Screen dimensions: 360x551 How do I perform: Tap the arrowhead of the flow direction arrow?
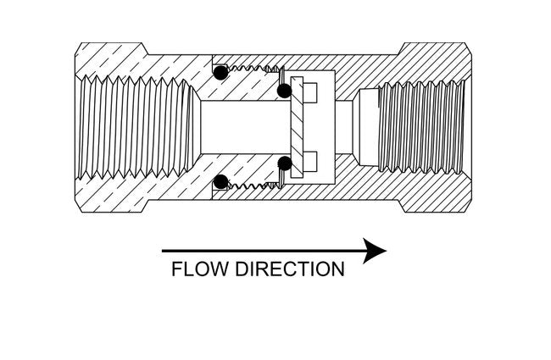(374, 251)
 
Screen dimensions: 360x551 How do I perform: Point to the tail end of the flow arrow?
(164, 251)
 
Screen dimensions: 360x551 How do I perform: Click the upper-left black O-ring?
(220, 74)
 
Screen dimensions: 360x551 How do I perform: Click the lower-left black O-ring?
(220, 180)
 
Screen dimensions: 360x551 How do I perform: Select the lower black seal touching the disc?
(284, 163)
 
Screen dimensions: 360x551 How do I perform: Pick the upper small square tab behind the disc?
(309, 90)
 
